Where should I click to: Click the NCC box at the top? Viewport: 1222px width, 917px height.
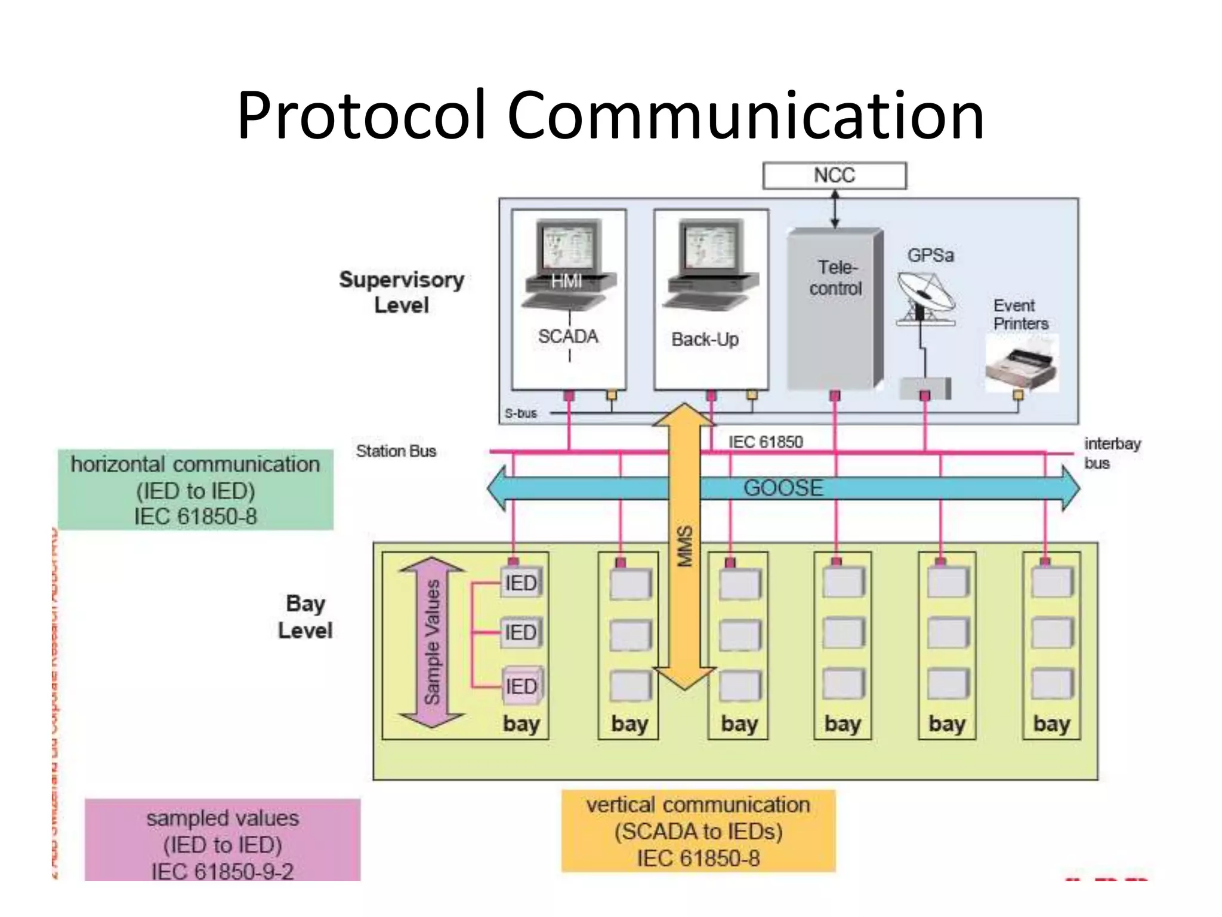pyautogui.click(x=834, y=176)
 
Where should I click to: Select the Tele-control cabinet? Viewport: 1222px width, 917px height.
pyautogui.click(x=834, y=310)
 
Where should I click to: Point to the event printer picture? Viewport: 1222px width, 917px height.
pyautogui.click(x=1022, y=364)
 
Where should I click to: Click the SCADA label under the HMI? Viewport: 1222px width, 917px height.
pyautogui.click(x=568, y=336)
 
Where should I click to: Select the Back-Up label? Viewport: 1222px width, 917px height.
pyautogui.click(x=705, y=339)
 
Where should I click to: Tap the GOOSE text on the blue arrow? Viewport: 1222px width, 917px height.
pyautogui.click(x=783, y=488)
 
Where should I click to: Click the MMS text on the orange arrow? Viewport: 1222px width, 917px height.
pyautogui.click(x=685, y=546)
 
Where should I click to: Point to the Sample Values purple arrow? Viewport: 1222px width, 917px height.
pyautogui.click(x=432, y=642)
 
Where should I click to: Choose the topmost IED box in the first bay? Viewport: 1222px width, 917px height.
pyautogui.click(x=521, y=583)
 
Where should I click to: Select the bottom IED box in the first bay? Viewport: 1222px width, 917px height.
pyautogui.click(x=521, y=686)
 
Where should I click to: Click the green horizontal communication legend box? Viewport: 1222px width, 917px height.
pyautogui.click(x=195, y=490)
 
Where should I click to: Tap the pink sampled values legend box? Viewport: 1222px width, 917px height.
pyautogui.click(x=222, y=842)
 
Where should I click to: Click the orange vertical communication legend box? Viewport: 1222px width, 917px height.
pyautogui.click(x=698, y=831)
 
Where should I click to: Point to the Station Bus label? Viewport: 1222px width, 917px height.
pyautogui.click(x=396, y=451)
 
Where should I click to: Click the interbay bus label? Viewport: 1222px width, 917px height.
pyautogui.click(x=1111, y=453)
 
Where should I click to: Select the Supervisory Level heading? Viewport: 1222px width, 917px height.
pyautogui.click(x=402, y=292)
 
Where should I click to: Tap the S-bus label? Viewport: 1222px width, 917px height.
pyautogui.click(x=520, y=413)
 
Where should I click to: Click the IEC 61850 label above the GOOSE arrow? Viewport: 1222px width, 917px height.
pyautogui.click(x=766, y=442)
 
